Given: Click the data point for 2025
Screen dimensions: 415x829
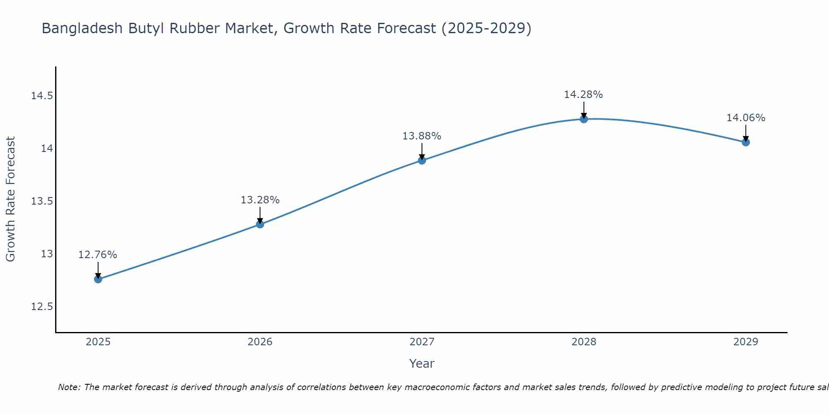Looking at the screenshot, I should (98, 279).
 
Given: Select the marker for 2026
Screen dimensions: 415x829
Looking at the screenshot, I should (260, 224).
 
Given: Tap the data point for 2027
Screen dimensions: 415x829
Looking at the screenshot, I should (422, 160).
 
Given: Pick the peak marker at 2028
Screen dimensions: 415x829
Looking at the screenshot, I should (584, 119).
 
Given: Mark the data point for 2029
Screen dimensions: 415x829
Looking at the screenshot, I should (746, 142).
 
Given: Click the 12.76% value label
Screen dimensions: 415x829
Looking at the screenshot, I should (98, 255).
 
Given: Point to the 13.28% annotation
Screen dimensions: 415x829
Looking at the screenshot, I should (260, 200).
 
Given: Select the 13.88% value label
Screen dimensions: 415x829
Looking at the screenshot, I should (422, 136).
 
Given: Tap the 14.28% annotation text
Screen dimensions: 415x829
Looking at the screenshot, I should (583, 95).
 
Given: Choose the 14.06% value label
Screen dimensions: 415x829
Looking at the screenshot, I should (746, 118).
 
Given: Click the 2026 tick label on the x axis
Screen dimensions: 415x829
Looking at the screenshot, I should (260, 342).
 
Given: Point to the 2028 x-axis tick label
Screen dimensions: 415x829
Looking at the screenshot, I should (584, 342).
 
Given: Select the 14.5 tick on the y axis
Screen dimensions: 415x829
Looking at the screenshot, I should (42, 96).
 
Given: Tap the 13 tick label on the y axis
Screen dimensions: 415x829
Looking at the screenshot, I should (47, 254).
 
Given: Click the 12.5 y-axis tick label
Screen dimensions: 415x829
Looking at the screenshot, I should (42, 307).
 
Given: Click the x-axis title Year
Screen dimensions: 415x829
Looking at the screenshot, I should (422, 364).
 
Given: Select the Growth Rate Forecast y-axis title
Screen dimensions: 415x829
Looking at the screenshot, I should (11, 199).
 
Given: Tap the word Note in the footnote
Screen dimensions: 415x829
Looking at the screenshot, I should (69, 387).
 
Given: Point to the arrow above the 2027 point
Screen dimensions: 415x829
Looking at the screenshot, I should (422, 151).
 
